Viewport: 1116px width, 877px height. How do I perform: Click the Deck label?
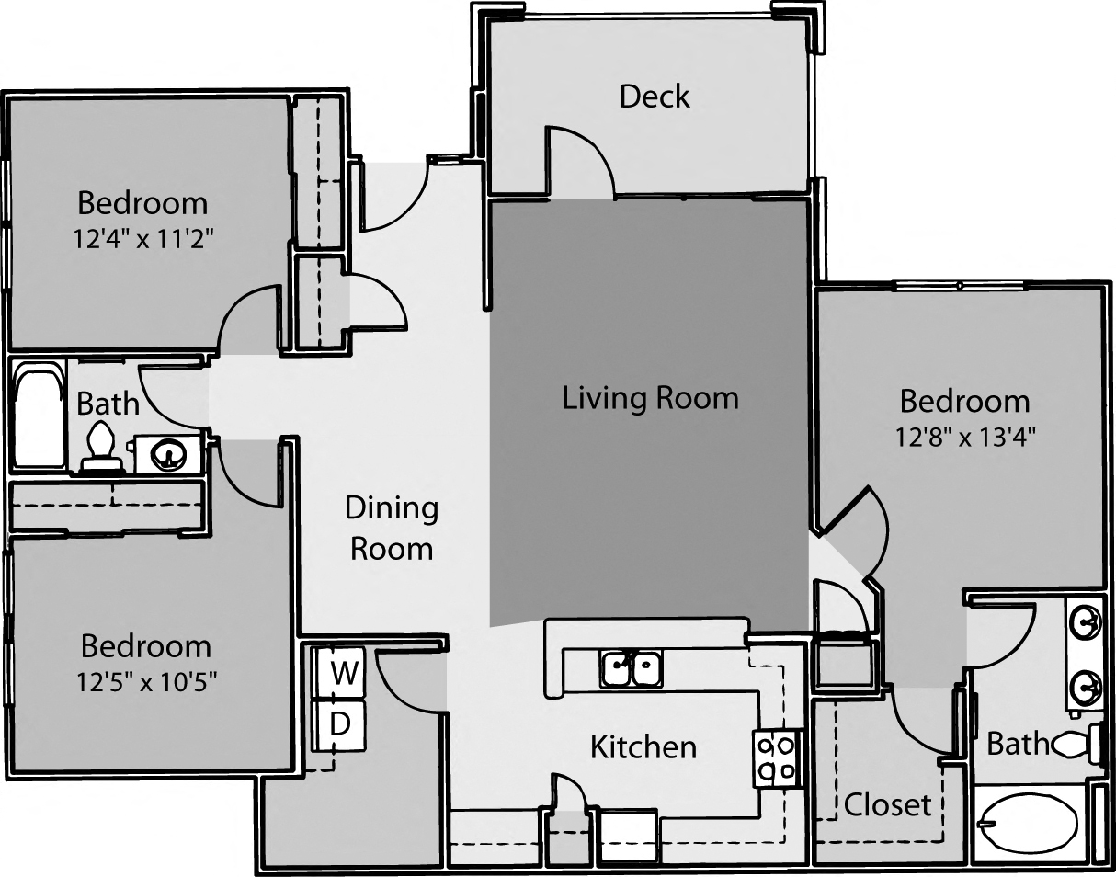tap(655, 97)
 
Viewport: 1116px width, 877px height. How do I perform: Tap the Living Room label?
tap(650, 398)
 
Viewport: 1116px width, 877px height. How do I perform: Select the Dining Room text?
tap(392, 528)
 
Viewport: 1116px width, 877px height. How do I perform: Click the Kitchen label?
tap(643, 746)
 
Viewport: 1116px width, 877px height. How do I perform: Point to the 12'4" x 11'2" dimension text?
tap(143, 239)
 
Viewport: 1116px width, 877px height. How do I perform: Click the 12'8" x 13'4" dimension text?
tap(965, 437)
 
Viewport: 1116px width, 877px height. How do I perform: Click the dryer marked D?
tap(341, 723)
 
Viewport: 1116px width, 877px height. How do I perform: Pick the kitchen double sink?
tap(632, 668)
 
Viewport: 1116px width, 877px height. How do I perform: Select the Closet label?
tap(887, 804)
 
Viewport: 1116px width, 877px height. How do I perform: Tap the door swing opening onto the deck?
tap(579, 162)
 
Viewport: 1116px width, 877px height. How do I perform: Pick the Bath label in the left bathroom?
tap(108, 403)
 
